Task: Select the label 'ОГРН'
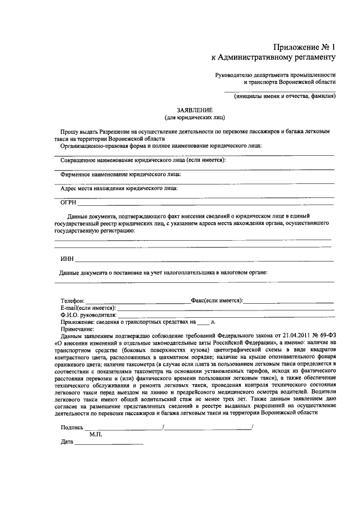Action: pos(68,202)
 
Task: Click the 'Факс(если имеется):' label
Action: pos(217,301)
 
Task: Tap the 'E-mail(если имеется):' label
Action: pos(88,308)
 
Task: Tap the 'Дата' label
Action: pos(67,442)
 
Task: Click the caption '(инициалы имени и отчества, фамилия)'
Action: pos(285,96)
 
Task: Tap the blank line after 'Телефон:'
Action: pos(138,304)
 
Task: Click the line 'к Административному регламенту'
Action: pos(273,57)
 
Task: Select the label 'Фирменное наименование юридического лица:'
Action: pos(121,174)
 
